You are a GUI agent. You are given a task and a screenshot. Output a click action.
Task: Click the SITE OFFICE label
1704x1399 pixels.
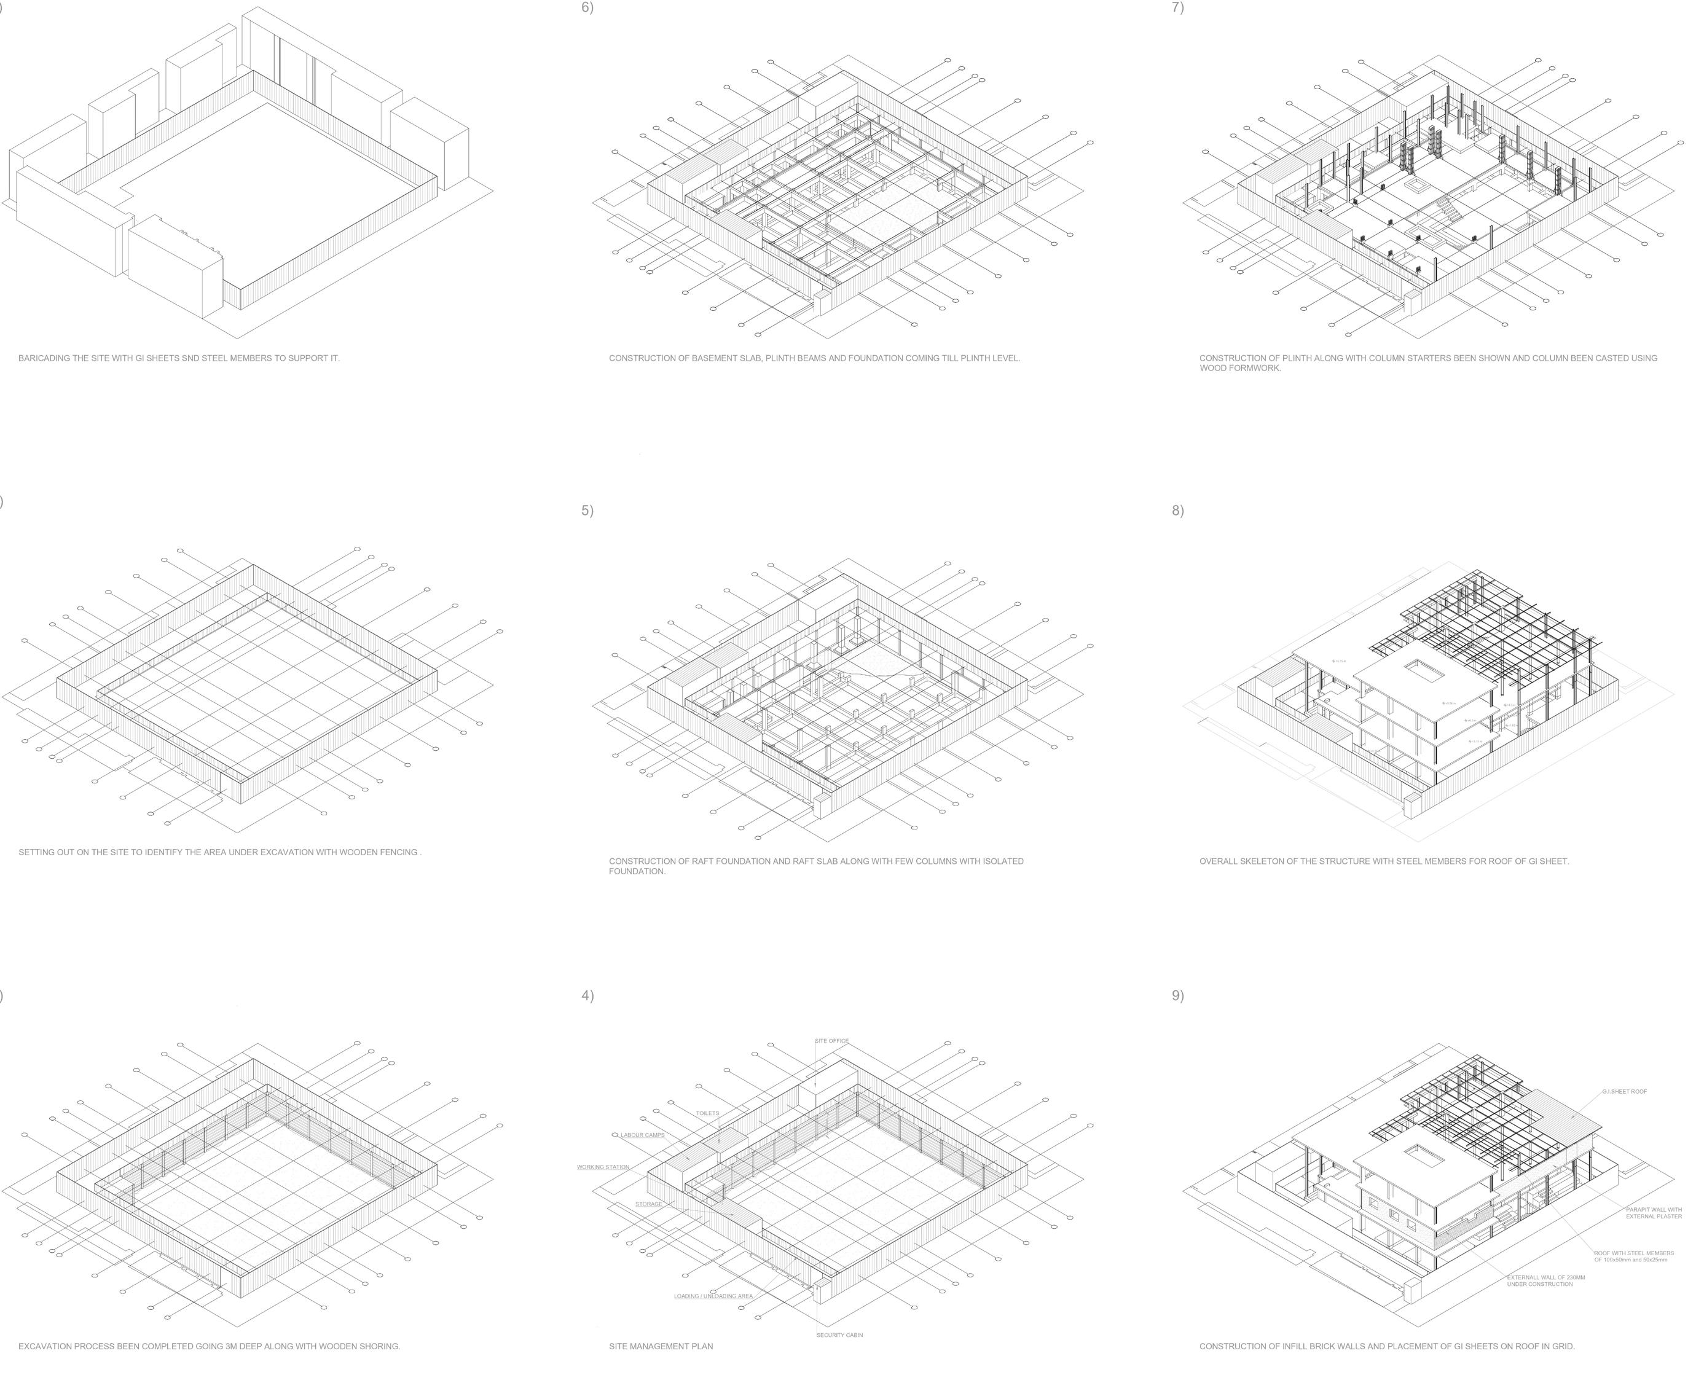click(832, 1040)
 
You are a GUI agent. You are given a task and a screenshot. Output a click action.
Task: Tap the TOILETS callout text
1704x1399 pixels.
click(707, 1113)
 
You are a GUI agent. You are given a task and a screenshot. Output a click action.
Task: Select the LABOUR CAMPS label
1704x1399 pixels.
click(642, 1135)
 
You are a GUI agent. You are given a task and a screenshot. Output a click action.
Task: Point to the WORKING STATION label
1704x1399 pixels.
click(603, 1167)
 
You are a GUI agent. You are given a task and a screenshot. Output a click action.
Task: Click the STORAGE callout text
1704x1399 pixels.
click(648, 1204)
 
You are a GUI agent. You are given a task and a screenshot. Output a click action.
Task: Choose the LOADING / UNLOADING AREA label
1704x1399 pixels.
click(713, 1296)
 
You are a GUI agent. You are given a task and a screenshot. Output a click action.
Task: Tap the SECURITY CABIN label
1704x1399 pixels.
click(839, 1334)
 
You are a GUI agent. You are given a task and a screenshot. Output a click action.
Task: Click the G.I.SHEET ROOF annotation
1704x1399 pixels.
click(1624, 1091)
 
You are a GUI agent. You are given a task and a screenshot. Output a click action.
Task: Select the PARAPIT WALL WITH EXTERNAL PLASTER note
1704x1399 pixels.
click(1653, 1213)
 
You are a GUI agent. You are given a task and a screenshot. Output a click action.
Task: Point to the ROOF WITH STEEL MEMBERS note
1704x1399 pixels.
click(1633, 1256)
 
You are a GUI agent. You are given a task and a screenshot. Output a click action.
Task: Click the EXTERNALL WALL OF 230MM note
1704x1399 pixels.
click(1545, 1280)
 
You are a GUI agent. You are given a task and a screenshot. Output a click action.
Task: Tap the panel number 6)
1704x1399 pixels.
click(587, 8)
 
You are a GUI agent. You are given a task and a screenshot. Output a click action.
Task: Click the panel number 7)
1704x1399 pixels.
click(1177, 8)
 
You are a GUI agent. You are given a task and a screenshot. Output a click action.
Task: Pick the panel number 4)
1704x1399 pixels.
click(587, 995)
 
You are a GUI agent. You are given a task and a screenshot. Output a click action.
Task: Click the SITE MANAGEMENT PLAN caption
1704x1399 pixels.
click(661, 1346)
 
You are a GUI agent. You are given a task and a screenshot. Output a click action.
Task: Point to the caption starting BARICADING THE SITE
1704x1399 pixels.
click(179, 358)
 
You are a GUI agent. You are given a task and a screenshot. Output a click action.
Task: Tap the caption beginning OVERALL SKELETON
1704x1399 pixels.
click(1383, 861)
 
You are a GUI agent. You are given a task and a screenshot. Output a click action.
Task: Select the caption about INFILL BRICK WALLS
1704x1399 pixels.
click(1386, 1346)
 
